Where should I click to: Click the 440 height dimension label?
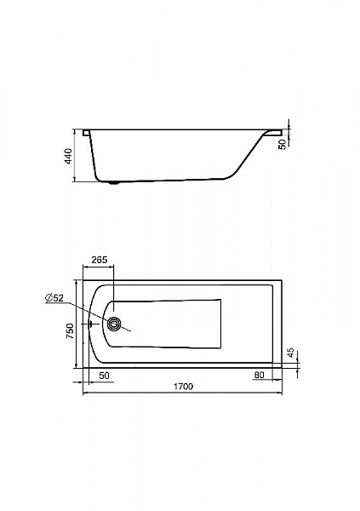pos(68,156)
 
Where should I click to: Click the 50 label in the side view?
pos(283,144)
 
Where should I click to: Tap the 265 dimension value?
pos(99,260)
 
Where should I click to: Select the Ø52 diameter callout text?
pos(54,297)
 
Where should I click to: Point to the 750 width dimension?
pos(70,330)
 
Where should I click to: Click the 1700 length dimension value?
pos(183,387)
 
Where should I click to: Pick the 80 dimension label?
pos(259,375)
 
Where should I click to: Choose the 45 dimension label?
pos(291,353)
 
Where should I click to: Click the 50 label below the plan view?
pos(104,376)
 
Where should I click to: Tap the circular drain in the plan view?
pos(114,324)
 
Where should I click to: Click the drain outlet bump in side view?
pos(114,182)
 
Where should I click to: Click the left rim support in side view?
pos(86,133)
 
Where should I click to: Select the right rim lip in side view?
pos(273,132)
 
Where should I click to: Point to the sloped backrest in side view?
pos(248,157)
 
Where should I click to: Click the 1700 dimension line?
pos(182,393)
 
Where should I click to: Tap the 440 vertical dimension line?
pos(75,155)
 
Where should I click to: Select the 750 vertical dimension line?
pos(76,324)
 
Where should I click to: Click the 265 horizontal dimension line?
pos(99,267)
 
